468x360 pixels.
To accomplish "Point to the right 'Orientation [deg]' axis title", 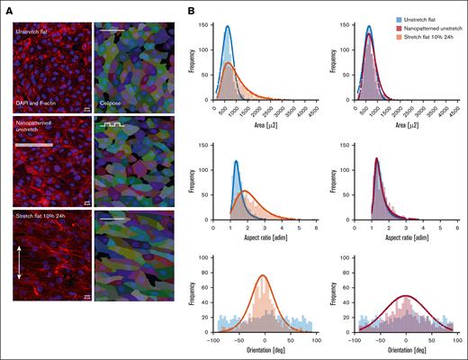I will click(x=406, y=354).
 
